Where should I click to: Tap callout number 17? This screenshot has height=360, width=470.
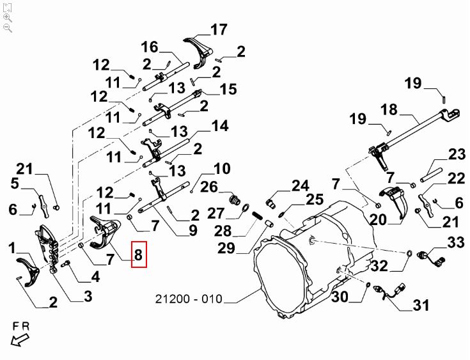coord(219,29)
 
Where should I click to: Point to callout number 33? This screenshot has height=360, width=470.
coord(456,242)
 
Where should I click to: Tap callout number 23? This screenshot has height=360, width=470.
coord(457,154)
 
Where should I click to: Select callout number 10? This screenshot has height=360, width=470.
coord(222,169)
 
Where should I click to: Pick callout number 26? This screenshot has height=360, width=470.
coord(209,187)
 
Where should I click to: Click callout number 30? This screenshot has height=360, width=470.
coord(340,297)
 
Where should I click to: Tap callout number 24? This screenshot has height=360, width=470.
coord(300,186)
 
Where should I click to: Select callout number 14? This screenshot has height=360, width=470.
coord(219,126)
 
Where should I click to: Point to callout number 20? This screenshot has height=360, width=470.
coord(377,219)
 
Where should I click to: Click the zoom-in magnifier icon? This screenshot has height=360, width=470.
coord(7,17)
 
